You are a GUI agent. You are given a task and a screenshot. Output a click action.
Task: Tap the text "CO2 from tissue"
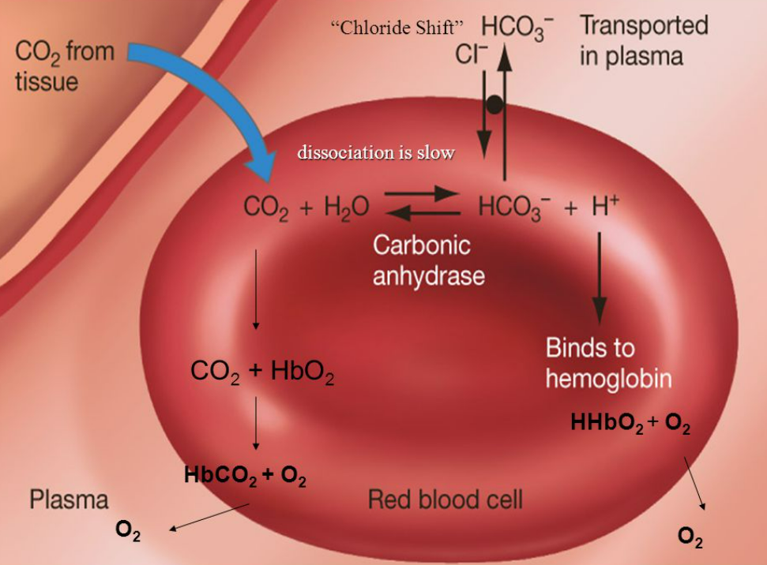(x=65, y=66)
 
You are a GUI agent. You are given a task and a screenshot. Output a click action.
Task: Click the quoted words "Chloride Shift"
(x=396, y=28)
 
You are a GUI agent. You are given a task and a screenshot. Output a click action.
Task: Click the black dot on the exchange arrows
(x=494, y=104)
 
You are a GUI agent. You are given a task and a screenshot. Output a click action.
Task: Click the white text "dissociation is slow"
(x=376, y=152)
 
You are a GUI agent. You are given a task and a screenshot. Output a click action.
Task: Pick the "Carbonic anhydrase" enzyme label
(x=428, y=260)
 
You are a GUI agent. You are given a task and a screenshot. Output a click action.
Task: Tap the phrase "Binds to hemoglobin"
(x=608, y=364)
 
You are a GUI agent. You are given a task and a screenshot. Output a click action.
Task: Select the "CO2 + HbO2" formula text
(x=262, y=372)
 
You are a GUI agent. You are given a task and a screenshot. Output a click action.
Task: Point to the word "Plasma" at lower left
(x=69, y=500)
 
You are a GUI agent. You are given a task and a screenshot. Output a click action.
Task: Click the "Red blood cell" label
(x=446, y=499)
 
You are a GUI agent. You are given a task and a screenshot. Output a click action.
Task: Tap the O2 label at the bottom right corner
(x=690, y=539)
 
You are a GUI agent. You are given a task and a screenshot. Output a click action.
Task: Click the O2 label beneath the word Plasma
(x=128, y=530)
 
